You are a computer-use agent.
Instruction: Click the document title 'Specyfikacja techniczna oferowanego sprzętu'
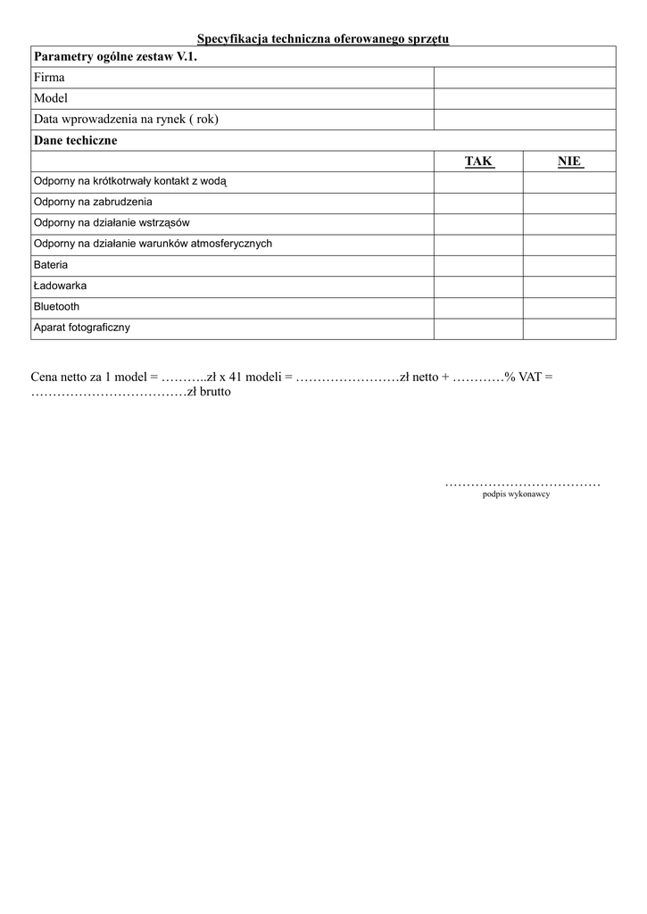coord(322,38)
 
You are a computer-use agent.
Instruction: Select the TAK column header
coord(478,162)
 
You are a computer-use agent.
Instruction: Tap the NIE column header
coord(569,162)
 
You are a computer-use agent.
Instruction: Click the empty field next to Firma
coord(524,78)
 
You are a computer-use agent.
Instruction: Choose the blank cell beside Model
coord(524,99)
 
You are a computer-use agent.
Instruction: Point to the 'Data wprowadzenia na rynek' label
coord(126,120)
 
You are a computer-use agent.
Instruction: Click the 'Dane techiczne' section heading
coord(75,140)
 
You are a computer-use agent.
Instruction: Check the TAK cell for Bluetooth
coord(478,307)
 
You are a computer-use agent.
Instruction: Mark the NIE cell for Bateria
coord(569,265)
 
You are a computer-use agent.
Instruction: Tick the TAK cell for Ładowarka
coord(478,287)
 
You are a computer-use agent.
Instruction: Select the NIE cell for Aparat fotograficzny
coord(569,328)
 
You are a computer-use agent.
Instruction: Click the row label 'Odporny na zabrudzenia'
coord(93,202)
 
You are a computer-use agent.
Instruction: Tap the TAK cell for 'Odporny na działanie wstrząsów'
coord(478,223)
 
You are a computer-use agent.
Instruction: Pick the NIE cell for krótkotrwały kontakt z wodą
coord(569,181)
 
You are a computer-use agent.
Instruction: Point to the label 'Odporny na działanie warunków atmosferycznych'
coord(153,244)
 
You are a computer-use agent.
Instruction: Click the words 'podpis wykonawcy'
coord(516,494)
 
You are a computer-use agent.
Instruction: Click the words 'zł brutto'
coord(209,392)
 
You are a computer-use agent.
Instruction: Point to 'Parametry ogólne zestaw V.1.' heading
coord(114,57)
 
